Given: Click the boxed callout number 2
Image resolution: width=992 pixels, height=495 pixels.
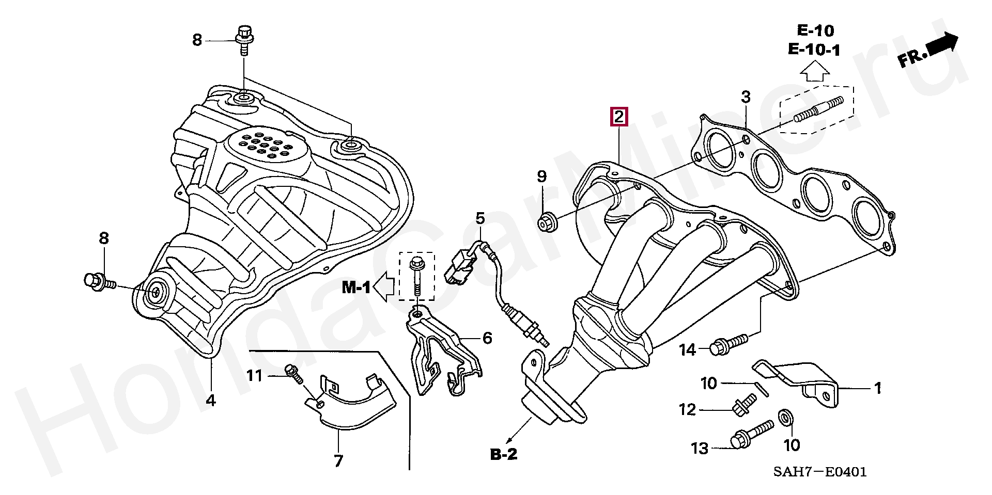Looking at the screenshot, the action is coord(618,117).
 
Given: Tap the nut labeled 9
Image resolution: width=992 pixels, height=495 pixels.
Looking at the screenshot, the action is coord(546,222).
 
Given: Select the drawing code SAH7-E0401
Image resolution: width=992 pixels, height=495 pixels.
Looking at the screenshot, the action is coord(820,472).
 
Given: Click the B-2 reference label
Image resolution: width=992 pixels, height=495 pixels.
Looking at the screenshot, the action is coord(503,454).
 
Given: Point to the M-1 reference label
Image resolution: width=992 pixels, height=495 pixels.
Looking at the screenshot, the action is coord(357,288).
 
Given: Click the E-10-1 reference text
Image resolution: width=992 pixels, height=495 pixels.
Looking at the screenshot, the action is coord(814,50).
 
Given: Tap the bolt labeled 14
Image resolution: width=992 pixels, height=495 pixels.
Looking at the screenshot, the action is coord(729,344).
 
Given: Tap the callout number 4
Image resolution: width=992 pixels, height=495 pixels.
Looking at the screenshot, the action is coord(210,400).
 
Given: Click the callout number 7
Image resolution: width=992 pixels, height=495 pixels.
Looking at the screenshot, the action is coord(338,460).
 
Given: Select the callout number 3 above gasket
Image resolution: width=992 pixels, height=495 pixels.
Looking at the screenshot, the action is coord(746,97).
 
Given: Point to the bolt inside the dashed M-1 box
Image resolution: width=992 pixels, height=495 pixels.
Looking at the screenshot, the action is coord(416,277).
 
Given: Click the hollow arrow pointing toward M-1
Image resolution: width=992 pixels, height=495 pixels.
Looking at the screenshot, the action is coord(384,288).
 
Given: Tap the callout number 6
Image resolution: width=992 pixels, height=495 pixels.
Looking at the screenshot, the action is coord(487,338).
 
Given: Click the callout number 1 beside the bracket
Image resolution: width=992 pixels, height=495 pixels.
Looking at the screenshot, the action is coord(877,388).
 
